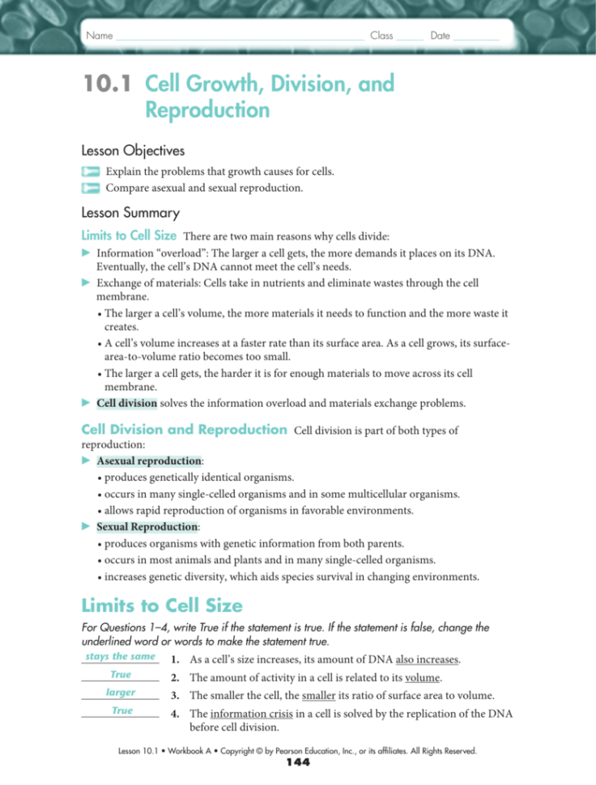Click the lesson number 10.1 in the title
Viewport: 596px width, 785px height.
109,84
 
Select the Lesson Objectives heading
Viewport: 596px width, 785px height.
133,151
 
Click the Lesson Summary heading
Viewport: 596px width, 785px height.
130,214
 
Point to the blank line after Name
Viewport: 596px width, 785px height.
240,36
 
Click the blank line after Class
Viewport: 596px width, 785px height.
411,36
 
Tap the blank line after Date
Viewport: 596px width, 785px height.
476,36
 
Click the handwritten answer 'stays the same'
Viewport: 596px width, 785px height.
120,656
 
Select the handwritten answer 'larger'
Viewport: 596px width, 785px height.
120,693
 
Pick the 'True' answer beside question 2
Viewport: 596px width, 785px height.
120,674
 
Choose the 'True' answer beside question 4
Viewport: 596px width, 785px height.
122,711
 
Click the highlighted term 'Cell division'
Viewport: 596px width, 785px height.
126,402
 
